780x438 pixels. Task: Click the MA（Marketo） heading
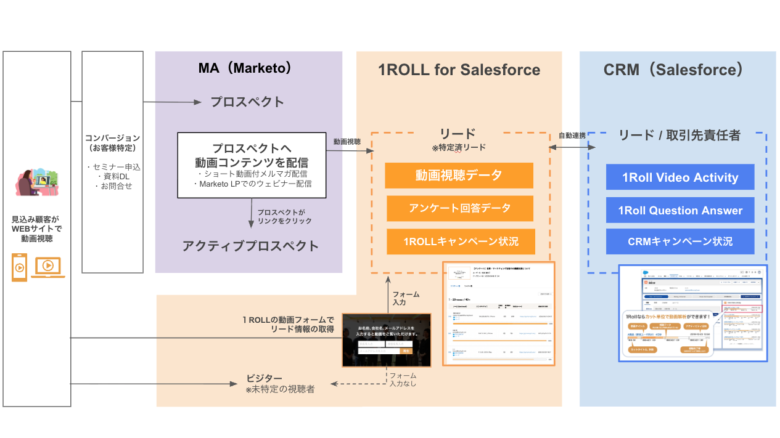pyautogui.click(x=245, y=68)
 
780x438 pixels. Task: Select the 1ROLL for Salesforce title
pyautogui.click(x=459, y=70)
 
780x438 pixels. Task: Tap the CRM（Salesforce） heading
pyautogui.click(x=673, y=70)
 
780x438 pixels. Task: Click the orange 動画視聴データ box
pyautogui.click(x=459, y=176)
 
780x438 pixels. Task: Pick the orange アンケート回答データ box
pyautogui.click(x=460, y=208)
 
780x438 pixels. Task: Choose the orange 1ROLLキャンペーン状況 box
pyautogui.click(x=461, y=241)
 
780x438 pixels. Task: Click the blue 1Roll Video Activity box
pyautogui.click(x=679, y=177)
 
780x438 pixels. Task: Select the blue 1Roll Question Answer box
pyautogui.click(x=679, y=211)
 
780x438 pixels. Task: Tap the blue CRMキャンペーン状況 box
pyautogui.click(x=679, y=241)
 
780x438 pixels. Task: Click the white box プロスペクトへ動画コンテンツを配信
pyautogui.click(x=252, y=165)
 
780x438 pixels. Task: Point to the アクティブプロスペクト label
pyautogui.click(x=250, y=246)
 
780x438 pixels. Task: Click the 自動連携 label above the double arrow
pyautogui.click(x=572, y=136)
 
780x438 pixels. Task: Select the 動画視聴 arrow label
pyautogui.click(x=347, y=142)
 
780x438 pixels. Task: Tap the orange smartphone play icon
pyautogui.click(x=20, y=267)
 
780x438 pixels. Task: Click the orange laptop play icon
pyautogui.click(x=49, y=266)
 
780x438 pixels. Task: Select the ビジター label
pyautogui.click(x=265, y=378)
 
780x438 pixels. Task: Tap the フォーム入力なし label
pyautogui.click(x=403, y=379)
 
